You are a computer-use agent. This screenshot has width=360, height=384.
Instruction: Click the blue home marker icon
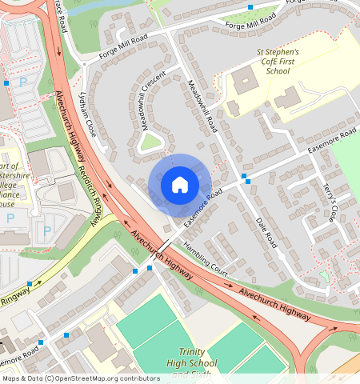(180, 185)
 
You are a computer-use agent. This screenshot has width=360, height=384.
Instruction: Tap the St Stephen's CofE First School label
(272, 61)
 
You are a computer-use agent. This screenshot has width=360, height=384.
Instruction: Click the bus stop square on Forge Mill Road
(250, 6)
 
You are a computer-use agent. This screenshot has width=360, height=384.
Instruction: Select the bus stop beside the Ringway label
(30, 284)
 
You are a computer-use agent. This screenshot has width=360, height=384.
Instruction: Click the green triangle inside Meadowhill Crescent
(150, 142)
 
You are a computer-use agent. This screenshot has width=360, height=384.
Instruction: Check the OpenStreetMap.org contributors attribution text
(80, 378)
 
